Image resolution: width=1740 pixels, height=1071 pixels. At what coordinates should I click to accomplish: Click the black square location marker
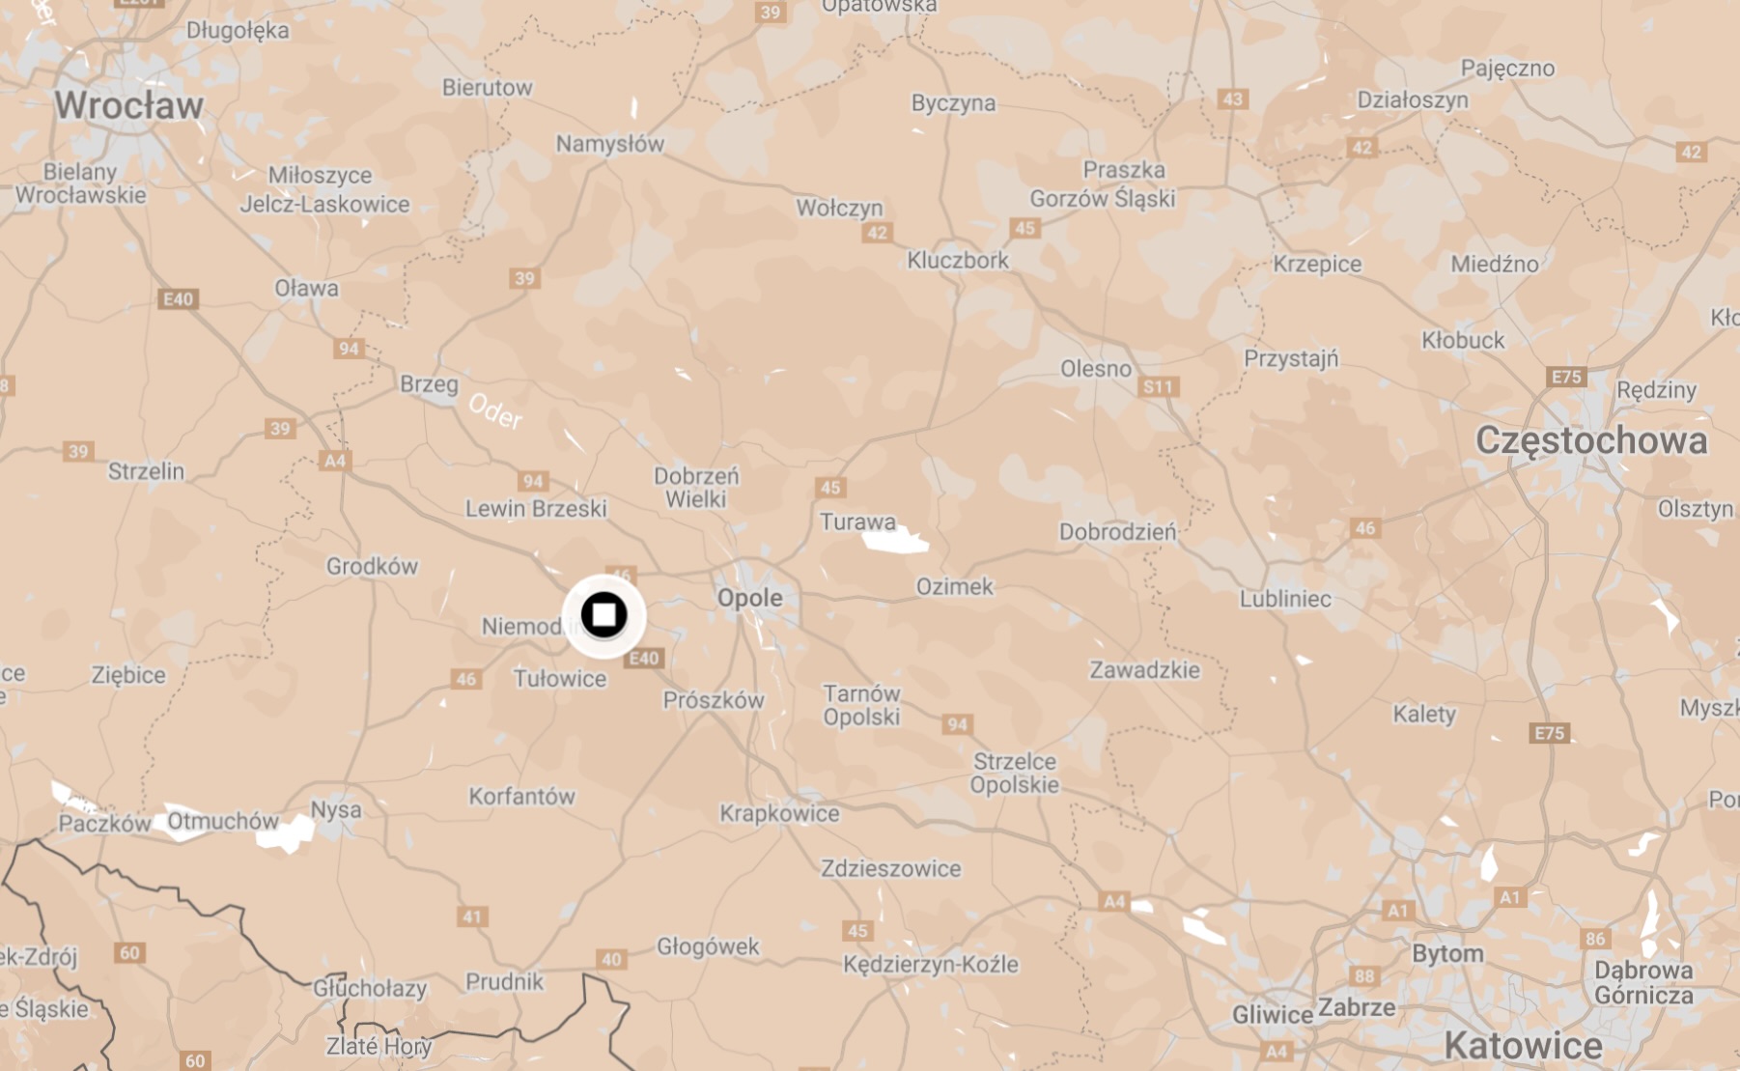tap(603, 615)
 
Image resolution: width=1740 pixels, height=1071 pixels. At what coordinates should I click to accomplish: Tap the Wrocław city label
tap(128, 105)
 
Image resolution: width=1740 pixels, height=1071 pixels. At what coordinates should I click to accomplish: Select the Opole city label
tap(749, 598)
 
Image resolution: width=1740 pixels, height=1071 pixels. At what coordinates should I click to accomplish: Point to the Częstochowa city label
tap(1590, 440)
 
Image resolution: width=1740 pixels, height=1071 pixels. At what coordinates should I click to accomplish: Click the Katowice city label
tap(1523, 1045)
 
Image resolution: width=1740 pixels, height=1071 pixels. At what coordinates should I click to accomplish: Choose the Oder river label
tap(495, 410)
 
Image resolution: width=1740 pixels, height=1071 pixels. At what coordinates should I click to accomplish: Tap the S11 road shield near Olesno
tap(1158, 387)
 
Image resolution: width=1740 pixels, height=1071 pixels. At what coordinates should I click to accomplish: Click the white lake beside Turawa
tap(895, 541)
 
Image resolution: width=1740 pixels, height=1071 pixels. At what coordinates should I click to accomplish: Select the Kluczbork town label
tap(957, 260)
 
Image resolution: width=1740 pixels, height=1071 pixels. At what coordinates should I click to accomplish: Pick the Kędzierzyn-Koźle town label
tap(930, 964)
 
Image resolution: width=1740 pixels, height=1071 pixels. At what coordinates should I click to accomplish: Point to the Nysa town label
tap(335, 809)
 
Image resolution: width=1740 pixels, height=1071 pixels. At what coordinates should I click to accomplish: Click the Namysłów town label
tap(609, 144)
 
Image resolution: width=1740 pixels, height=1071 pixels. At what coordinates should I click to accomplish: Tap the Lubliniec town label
tap(1285, 599)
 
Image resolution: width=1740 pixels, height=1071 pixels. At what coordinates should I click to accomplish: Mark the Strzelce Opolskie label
tap(1014, 773)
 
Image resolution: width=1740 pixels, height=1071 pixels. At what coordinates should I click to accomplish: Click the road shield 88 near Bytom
tap(1363, 975)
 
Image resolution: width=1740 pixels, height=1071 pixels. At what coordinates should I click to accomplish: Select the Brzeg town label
tap(429, 383)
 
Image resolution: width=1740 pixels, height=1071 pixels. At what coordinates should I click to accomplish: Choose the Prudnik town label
tap(504, 981)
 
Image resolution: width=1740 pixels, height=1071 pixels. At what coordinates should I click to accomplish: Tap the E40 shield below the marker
tap(644, 659)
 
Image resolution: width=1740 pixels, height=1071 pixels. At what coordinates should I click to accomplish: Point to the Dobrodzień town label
tap(1117, 531)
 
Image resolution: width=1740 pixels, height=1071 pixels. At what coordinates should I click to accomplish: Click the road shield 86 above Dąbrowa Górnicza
tap(1595, 938)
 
